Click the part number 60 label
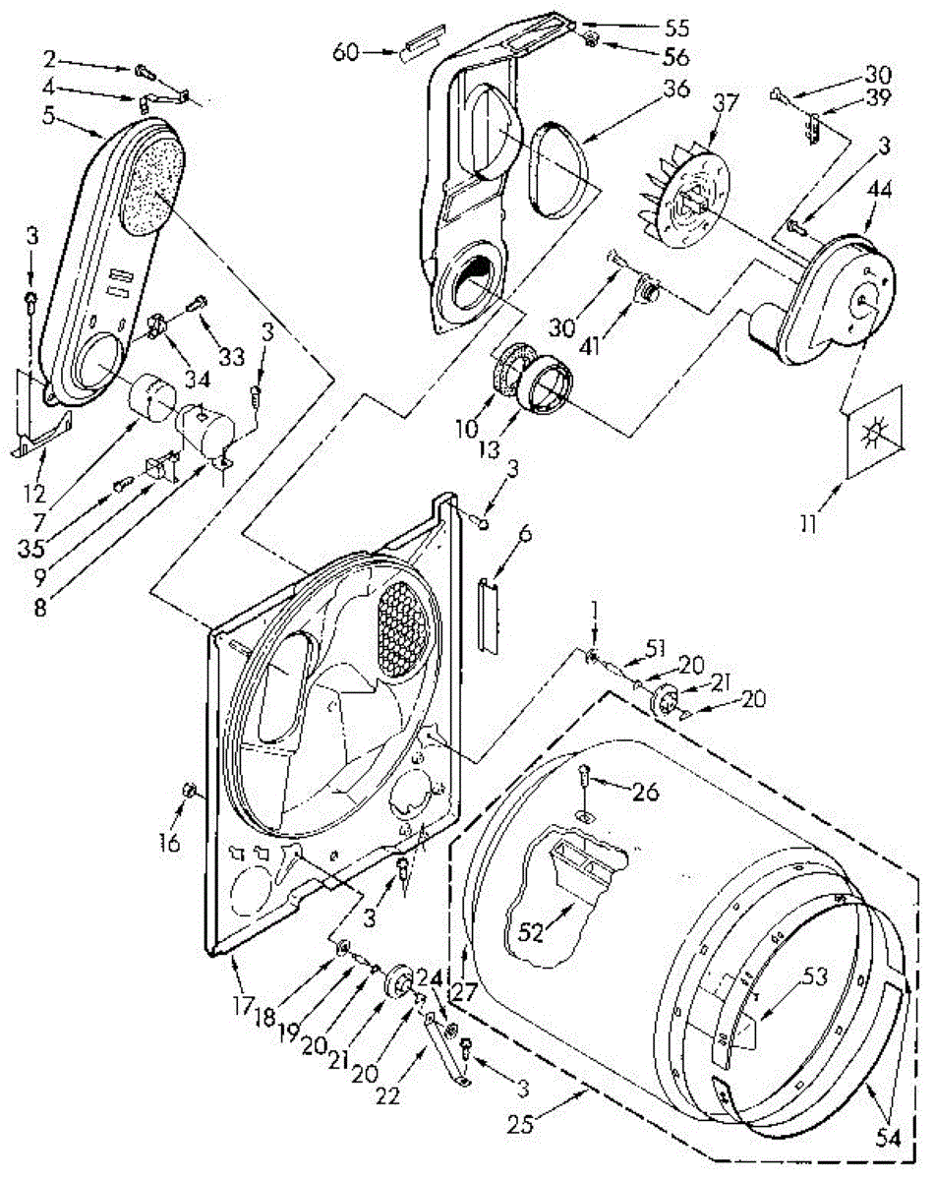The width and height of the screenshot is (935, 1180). click(345, 53)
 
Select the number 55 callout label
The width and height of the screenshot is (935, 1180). click(676, 29)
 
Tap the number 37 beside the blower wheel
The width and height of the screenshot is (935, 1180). click(726, 102)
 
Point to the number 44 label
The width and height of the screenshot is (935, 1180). click(880, 190)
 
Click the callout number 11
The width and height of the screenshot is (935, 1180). click(809, 523)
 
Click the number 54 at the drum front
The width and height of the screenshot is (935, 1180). click(888, 1138)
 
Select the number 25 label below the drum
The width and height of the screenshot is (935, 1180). click(520, 1125)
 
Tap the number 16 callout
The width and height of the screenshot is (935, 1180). click(170, 843)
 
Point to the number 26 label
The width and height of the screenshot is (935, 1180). click(645, 792)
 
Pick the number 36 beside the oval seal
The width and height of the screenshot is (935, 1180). click(675, 88)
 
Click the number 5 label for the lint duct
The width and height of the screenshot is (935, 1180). click(49, 116)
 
